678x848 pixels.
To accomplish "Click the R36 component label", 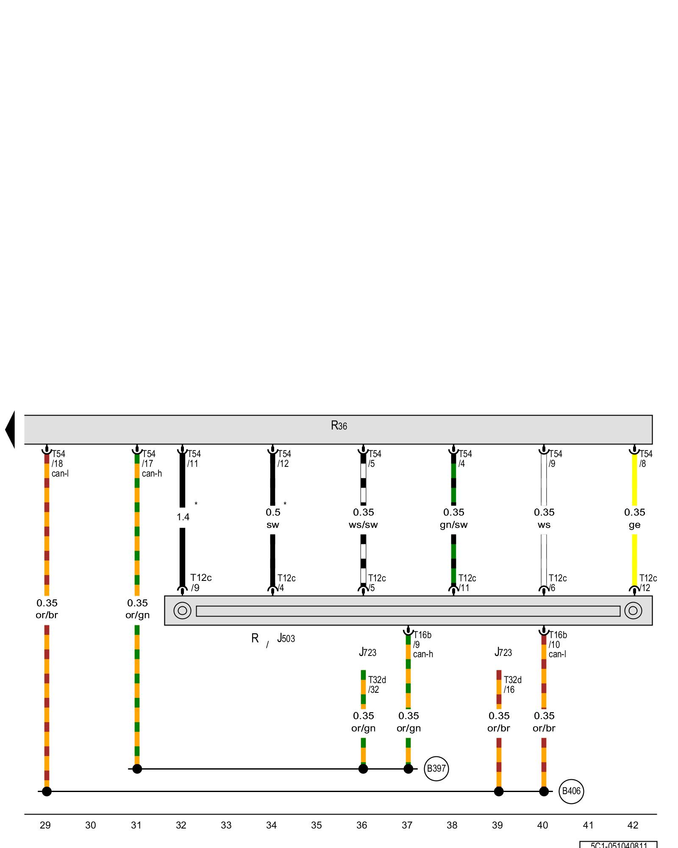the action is [x=339, y=425].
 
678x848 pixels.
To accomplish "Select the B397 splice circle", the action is [x=436, y=768].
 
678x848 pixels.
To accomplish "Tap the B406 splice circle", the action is [x=571, y=791].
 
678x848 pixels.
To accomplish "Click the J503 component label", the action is [x=286, y=638].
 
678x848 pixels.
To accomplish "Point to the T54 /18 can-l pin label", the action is [x=59, y=463].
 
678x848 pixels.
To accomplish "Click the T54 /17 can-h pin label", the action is [x=151, y=463].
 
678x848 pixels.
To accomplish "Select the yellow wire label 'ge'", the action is [x=634, y=525].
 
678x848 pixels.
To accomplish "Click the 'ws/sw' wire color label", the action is [x=363, y=525].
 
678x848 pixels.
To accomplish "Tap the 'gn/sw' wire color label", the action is [x=453, y=525].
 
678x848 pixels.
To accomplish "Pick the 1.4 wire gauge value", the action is [x=183, y=517].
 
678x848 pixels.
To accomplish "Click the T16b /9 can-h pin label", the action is [x=422, y=644].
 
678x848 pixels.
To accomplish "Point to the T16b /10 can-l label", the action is [x=557, y=644].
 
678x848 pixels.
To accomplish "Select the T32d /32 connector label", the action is [x=377, y=685].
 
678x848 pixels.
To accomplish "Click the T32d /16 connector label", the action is [x=512, y=685].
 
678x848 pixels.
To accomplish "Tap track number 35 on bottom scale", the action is [x=317, y=825].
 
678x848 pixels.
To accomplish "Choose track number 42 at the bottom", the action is [x=633, y=825].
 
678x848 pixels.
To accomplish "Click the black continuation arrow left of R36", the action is [x=10, y=430].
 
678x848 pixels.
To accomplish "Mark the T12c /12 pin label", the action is [x=647, y=583].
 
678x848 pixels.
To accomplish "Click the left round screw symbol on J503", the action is [x=182, y=611].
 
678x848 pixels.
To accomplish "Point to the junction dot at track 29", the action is [x=47, y=791].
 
